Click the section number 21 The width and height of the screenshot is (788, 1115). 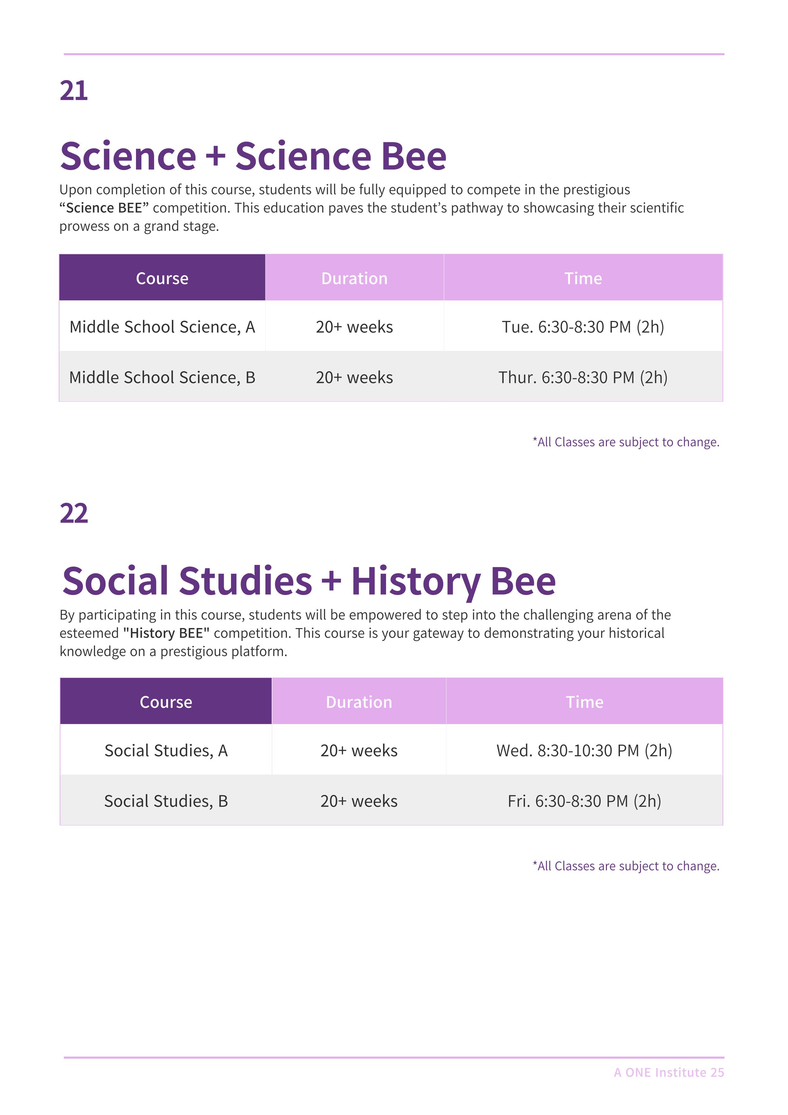74,91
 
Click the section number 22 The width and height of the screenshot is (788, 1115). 74,514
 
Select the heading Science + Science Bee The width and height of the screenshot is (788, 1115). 253,156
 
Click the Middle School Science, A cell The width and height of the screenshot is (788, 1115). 162,327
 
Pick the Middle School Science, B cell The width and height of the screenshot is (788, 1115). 162,377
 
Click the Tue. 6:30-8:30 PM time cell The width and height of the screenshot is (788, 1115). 583,327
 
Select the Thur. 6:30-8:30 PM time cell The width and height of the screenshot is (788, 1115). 583,377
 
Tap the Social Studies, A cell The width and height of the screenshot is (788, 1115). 166,750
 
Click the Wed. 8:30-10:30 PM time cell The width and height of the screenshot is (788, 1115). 584,750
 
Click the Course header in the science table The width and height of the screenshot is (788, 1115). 162,278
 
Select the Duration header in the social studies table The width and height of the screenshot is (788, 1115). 359,702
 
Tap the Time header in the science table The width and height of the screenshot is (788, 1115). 583,278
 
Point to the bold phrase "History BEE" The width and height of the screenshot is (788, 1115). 166,633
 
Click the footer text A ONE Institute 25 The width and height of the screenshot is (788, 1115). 669,1072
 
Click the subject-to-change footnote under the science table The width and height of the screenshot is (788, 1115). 626,442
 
